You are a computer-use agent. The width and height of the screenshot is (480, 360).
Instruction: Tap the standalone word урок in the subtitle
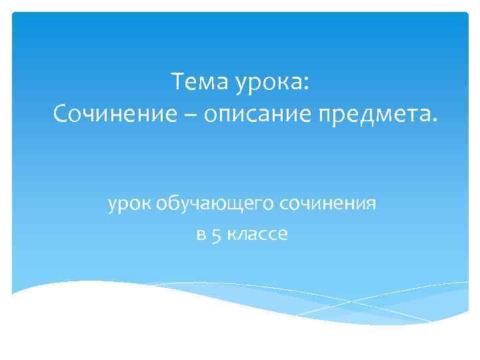pyautogui.click(x=130, y=203)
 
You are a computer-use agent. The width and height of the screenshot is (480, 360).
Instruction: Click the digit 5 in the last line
pyautogui.click(x=216, y=235)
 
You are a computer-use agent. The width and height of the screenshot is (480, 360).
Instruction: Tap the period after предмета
pyautogui.click(x=437, y=121)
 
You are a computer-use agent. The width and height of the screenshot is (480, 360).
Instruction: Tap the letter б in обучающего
pyautogui.click(x=171, y=202)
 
